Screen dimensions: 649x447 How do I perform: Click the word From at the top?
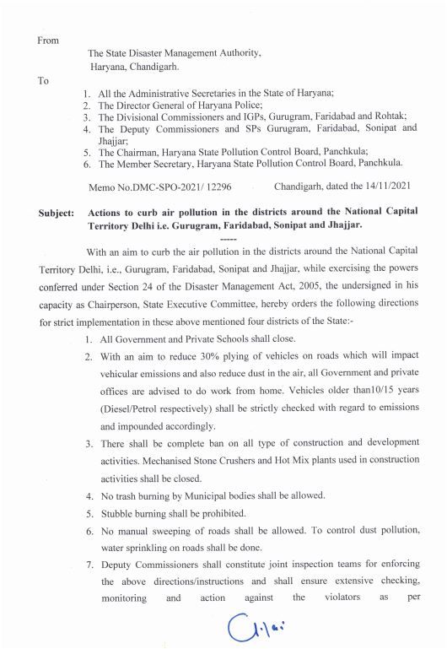(x=48, y=39)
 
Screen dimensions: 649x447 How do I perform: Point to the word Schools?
(x=229, y=338)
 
